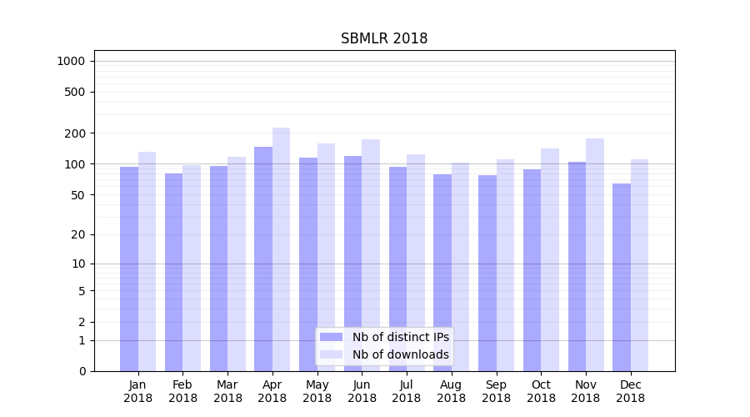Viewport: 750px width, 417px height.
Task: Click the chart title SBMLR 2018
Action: click(x=384, y=39)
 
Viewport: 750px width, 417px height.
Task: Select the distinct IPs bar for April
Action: click(x=263, y=259)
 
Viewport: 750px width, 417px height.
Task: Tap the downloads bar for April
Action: click(x=281, y=249)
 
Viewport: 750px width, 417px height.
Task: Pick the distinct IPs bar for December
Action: click(x=622, y=277)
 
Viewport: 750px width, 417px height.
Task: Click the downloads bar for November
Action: click(x=595, y=254)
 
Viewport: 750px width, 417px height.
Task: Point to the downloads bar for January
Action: click(x=147, y=261)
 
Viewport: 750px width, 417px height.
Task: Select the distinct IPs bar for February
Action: click(x=173, y=272)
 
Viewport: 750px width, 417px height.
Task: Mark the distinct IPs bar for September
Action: click(x=487, y=273)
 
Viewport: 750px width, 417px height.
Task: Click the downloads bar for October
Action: click(x=550, y=259)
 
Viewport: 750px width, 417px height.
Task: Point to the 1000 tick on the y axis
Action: click(x=71, y=61)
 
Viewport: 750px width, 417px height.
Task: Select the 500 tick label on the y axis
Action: click(x=76, y=92)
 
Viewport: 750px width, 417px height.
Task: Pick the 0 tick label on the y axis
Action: click(x=82, y=371)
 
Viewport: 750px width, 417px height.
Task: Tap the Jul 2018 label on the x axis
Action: click(x=407, y=391)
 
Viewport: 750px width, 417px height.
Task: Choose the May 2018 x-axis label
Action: click(x=317, y=391)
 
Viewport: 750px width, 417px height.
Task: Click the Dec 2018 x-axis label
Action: click(x=631, y=391)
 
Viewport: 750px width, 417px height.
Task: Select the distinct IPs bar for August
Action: click(x=442, y=273)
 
